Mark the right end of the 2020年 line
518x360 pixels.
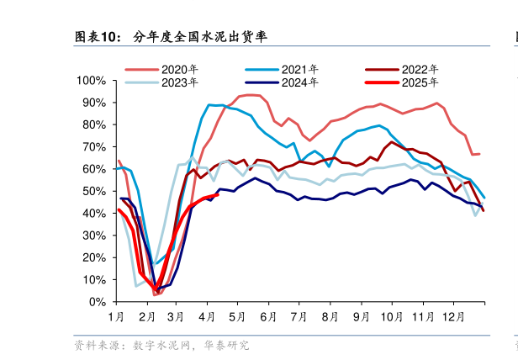pos(479,154)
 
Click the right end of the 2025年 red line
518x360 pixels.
pos(218,193)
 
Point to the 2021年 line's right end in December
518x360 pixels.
pos(484,198)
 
